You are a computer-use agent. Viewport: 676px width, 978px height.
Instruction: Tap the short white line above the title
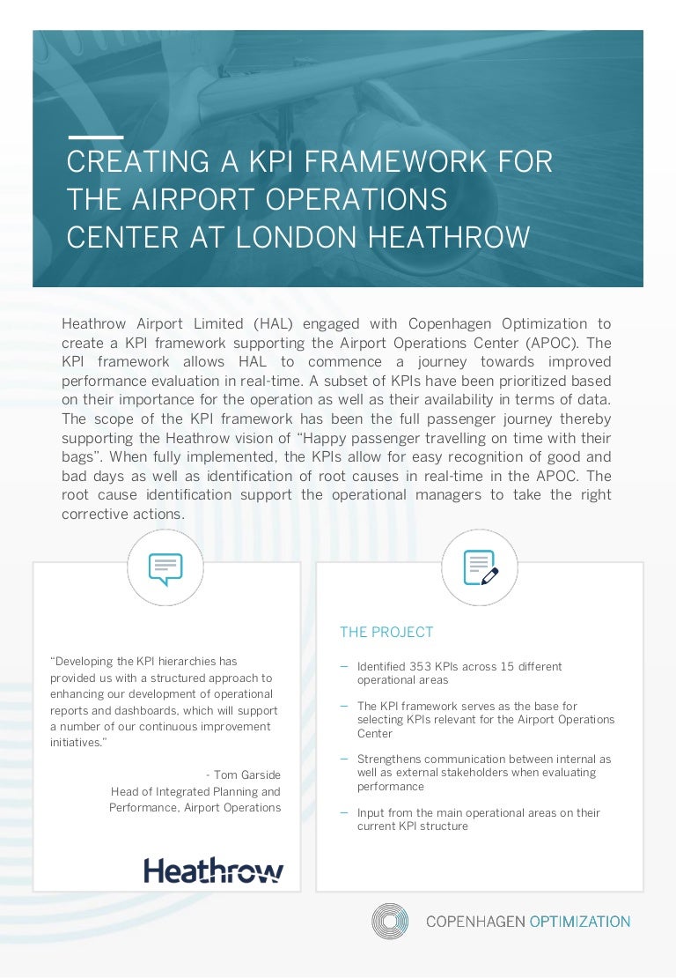tap(95, 137)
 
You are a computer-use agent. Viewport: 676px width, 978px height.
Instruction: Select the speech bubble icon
tap(165, 568)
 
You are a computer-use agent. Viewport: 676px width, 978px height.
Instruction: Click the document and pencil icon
tap(480, 568)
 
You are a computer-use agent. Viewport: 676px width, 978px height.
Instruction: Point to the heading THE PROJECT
tap(386, 633)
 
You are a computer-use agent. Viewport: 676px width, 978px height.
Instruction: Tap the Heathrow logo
tap(214, 871)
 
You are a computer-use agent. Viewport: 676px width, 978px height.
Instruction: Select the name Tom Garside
tap(246, 775)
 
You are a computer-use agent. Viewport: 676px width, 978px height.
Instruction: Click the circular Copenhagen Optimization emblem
tap(390, 922)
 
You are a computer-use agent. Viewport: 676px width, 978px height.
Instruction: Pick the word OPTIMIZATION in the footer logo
tap(579, 922)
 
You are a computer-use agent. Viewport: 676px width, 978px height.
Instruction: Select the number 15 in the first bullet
tap(500, 667)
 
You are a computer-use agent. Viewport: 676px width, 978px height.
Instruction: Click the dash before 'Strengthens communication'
tap(344, 759)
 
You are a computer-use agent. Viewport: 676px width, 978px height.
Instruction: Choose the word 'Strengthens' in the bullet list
tap(387, 759)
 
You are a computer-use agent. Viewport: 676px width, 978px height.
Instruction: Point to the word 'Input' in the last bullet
tap(371, 813)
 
